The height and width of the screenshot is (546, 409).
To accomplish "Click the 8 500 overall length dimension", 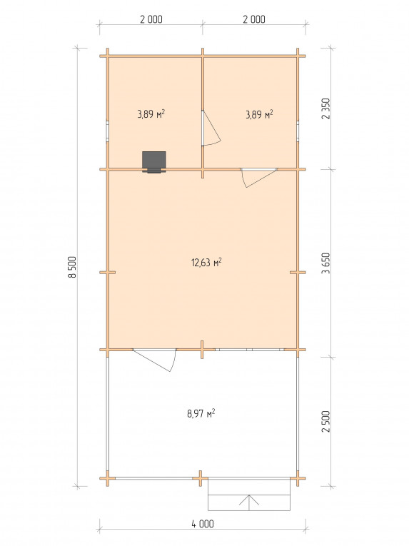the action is (72, 267).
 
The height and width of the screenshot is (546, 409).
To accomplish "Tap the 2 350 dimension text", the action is (325, 108).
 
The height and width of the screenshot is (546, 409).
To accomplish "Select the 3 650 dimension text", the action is (325, 263).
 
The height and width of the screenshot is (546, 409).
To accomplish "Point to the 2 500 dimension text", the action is (325, 422).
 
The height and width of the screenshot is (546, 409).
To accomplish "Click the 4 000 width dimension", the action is (203, 523).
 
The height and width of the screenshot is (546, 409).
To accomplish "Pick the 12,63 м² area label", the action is (206, 262).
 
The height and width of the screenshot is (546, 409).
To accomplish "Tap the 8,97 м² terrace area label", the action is (201, 413).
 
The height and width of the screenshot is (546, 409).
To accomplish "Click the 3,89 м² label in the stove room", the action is (151, 114).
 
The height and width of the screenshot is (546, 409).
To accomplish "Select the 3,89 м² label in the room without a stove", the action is (259, 114).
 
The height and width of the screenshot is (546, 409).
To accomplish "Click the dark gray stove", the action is (154, 161).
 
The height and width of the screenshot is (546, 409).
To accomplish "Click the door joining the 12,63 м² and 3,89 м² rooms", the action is (259, 178).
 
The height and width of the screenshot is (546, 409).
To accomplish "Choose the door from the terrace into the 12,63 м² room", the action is (155, 360).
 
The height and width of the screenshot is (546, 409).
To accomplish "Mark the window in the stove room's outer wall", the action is (108, 131).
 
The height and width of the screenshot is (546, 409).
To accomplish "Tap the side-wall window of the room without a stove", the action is (298, 131).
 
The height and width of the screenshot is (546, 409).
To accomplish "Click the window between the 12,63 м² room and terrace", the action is (249, 349).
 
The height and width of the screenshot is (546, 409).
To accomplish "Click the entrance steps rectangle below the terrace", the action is (249, 495).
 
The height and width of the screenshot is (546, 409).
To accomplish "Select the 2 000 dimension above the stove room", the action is (151, 19).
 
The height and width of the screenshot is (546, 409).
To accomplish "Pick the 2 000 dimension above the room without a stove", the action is (254, 19).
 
